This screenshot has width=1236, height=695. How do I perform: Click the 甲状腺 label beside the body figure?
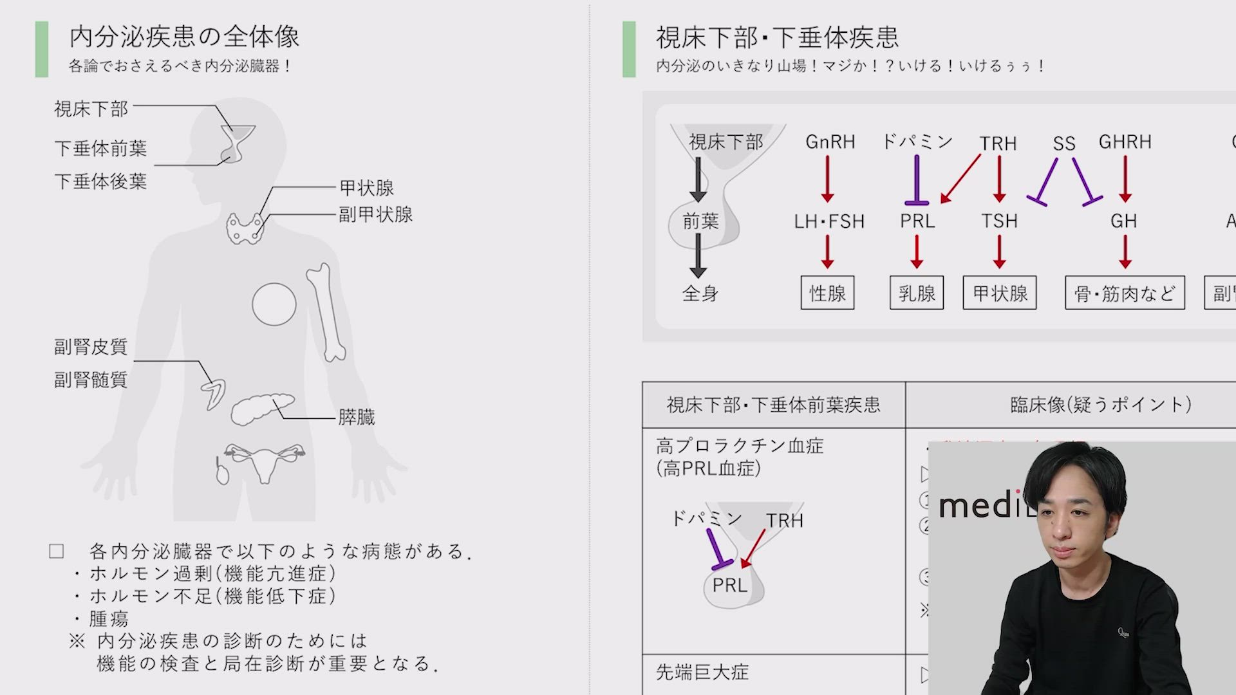click(366, 188)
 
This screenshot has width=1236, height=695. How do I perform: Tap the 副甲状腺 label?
click(376, 214)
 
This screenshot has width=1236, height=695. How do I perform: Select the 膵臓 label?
click(356, 418)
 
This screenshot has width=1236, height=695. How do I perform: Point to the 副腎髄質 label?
click(91, 380)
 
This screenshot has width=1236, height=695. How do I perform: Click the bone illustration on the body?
click(326, 311)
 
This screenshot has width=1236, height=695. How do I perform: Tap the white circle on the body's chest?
click(274, 304)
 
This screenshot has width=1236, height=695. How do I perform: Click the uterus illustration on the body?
click(264, 459)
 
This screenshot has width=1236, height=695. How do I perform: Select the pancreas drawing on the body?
click(261, 409)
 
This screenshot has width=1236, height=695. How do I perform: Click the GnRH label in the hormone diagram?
click(830, 142)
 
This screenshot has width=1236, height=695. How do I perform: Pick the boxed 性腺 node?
click(827, 293)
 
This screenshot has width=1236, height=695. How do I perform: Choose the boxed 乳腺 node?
click(917, 293)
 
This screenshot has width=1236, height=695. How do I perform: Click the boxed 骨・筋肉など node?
click(1125, 293)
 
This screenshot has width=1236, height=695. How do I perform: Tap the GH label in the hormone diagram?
click(1124, 221)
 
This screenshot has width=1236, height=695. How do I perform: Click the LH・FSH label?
click(829, 221)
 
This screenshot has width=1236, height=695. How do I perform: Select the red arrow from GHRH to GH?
click(1125, 178)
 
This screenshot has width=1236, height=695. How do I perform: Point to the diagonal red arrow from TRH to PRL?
click(960, 178)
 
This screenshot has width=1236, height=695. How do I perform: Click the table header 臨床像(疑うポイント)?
click(1101, 405)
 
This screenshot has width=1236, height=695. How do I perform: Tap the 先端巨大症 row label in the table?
click(702, 672)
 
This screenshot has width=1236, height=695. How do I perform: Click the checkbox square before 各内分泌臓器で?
click(57, 551)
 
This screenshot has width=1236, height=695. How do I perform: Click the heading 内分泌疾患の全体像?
click(184, 37)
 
